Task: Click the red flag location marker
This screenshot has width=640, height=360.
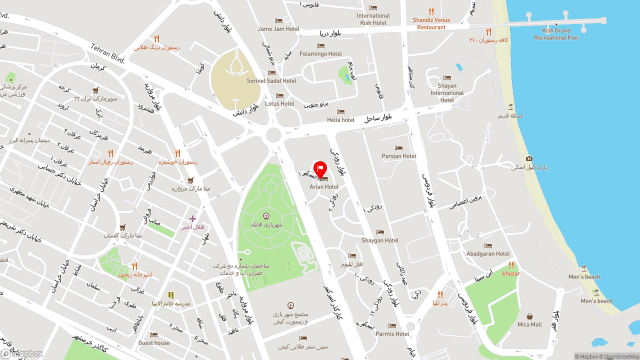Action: [x=320, y=169]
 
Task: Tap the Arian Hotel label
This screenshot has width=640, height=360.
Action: [x=324, y=186]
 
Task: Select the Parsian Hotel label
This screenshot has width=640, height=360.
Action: [x=398, y=156]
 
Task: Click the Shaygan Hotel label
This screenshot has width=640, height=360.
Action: [x=380, y=240]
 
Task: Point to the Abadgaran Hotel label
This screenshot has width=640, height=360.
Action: [x=488, y=253]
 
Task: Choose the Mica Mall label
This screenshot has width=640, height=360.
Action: [x=529, y=324]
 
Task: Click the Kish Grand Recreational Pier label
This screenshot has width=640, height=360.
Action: [x=556, y=34]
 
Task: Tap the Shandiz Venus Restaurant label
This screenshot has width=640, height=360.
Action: [x=431, y=23]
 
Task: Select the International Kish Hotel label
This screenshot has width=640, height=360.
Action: [x=373, y=19]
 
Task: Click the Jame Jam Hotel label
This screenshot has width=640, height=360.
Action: [x=278, y=28]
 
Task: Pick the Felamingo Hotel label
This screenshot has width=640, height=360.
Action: [x=320, y=53]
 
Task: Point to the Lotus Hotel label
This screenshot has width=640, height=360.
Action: [x=279, y=103]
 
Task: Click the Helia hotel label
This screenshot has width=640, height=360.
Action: [x=340, y=119]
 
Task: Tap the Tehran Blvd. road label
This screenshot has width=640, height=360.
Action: [x=107, y=53]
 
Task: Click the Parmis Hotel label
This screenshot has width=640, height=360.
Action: [x=392, y=333]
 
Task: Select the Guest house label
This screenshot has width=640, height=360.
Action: [x=154, y=342]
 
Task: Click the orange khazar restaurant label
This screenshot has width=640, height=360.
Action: [x=511, y=273]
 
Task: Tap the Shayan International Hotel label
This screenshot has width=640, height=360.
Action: [x=447, y=92]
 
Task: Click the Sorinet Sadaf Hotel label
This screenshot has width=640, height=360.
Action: [x=271, y=80]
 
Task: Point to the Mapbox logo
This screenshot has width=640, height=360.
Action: [x=22, y=353]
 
